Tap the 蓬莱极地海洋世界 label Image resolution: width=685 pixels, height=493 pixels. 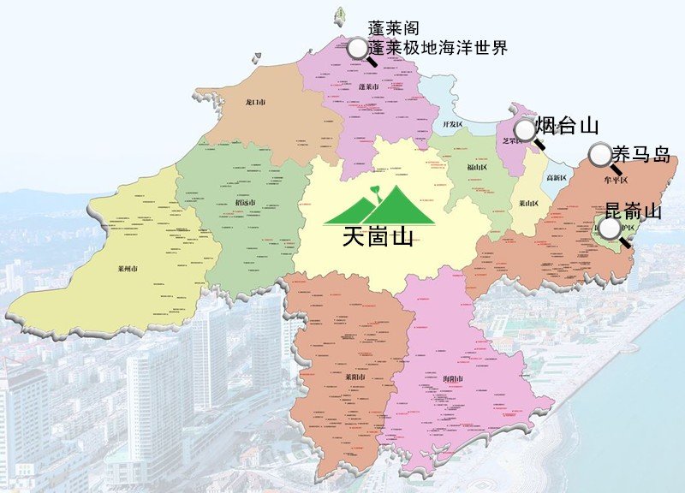[438, 49]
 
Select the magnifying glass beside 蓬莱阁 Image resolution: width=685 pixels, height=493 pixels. [356, 48]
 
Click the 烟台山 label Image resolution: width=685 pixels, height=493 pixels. [566, 127]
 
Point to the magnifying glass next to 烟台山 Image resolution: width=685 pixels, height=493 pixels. [524, 129]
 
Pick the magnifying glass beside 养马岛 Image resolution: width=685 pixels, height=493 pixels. [600, 155]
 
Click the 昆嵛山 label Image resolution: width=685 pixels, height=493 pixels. [633, 210]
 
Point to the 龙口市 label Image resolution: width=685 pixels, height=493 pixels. [255, 103]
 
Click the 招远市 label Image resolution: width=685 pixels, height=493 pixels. [245, 202]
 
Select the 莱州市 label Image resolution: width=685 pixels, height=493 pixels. [128, 268]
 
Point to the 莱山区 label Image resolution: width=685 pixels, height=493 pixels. [528, 204]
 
